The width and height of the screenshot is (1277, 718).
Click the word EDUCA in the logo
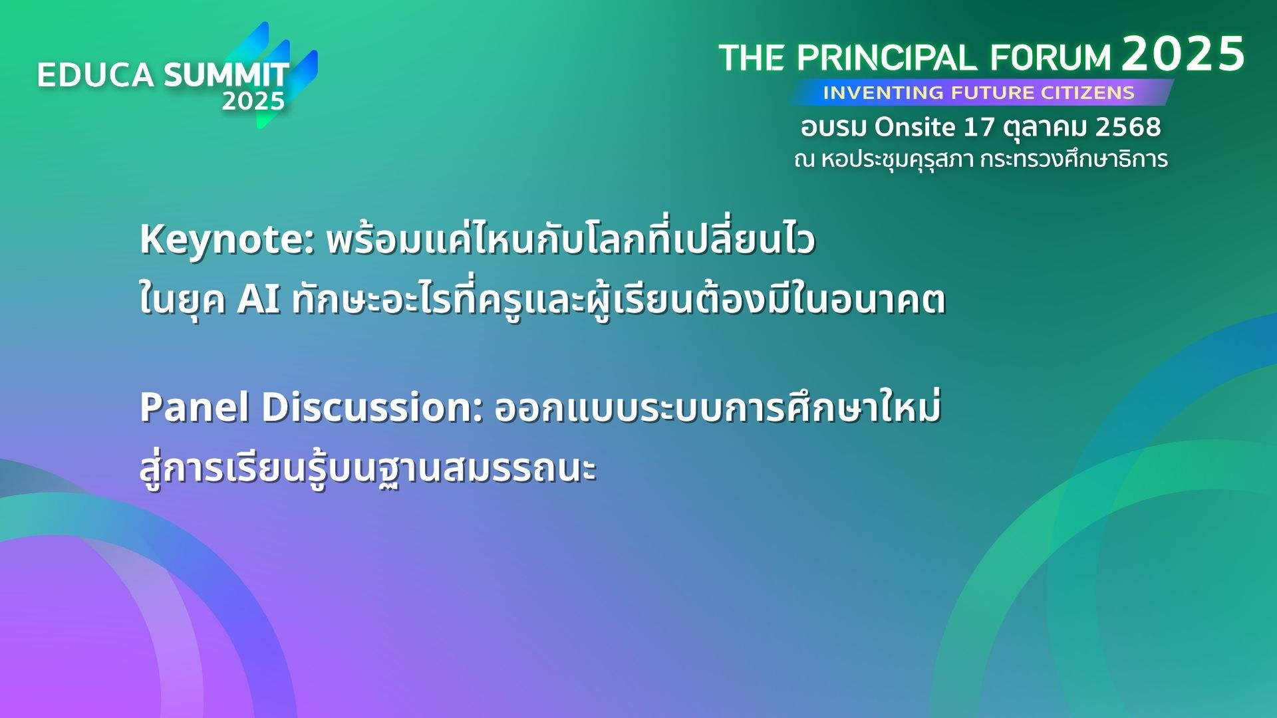[95, 75]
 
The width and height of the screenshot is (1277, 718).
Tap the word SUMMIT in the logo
[227, 75]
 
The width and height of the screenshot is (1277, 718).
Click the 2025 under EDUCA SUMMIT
[253, 102]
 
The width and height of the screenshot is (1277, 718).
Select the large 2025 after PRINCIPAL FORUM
[1183, 54]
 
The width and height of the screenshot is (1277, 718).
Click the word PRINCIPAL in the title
[887, 59]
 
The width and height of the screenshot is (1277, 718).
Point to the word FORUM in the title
[1050, 59]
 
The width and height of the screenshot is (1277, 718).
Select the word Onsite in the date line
[915, 127]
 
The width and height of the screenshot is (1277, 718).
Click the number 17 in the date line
[978, 127]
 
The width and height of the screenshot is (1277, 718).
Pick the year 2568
[1128, 127]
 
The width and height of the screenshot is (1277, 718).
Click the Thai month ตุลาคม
[1045, 128]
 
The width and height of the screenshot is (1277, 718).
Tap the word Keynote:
[227, 240]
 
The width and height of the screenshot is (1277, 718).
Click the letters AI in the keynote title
[259, 300]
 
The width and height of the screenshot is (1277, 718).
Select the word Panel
[195, 408]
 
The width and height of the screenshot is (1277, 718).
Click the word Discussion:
[372, 408]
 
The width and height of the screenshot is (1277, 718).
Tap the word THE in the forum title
[752, 59]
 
